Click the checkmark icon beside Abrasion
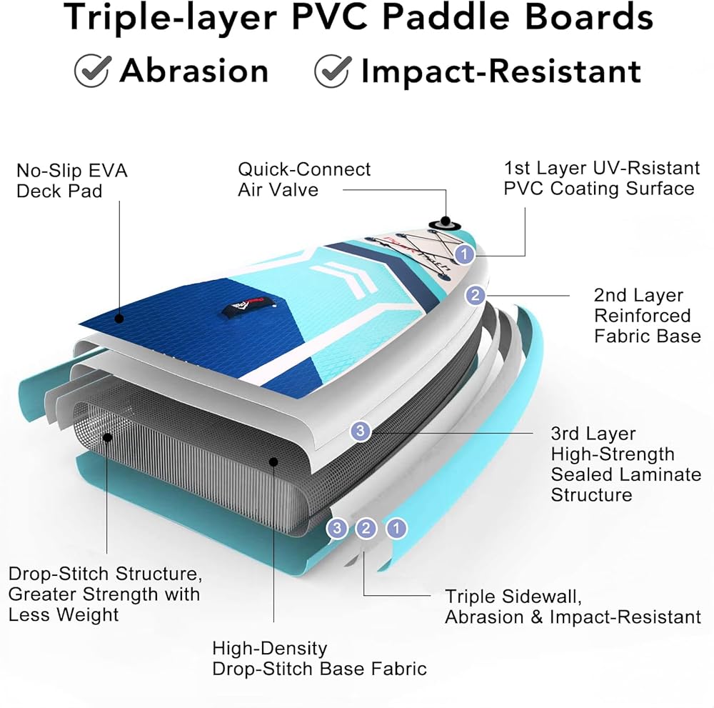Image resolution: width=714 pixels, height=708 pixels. point(92,71)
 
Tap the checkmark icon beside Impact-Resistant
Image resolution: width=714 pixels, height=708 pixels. point(333,71)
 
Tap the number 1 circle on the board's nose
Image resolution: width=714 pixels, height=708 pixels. point(466,254)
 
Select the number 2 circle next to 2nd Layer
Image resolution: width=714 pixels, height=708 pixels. point(475,295)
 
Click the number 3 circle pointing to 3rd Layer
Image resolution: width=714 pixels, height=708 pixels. point(361,431)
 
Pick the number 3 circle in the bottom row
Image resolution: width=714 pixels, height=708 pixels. point(337,529)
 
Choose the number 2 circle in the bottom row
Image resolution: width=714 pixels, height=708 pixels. point(366,529)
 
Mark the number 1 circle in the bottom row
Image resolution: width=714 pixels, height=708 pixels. point(396,529)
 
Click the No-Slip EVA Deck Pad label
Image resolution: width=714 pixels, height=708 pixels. point(72,181)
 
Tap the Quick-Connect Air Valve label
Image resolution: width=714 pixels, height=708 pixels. point(304,179)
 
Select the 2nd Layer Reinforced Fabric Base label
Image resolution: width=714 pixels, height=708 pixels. point(647,315)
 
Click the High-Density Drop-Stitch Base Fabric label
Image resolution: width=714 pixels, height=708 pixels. point(319,658)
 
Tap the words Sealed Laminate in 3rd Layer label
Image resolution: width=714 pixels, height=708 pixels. point(625,474)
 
